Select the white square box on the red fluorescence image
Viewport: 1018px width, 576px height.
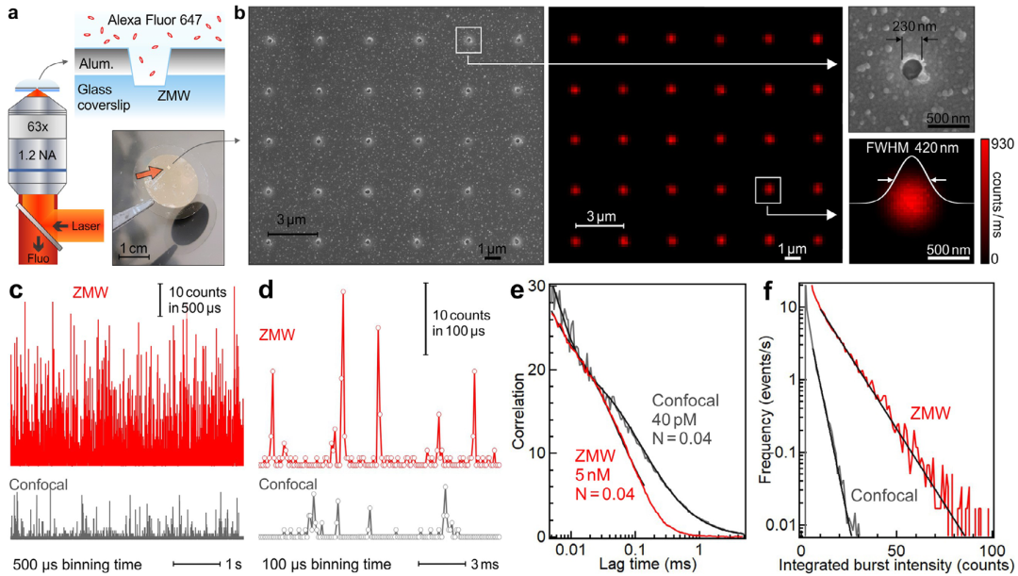point(769,189)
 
